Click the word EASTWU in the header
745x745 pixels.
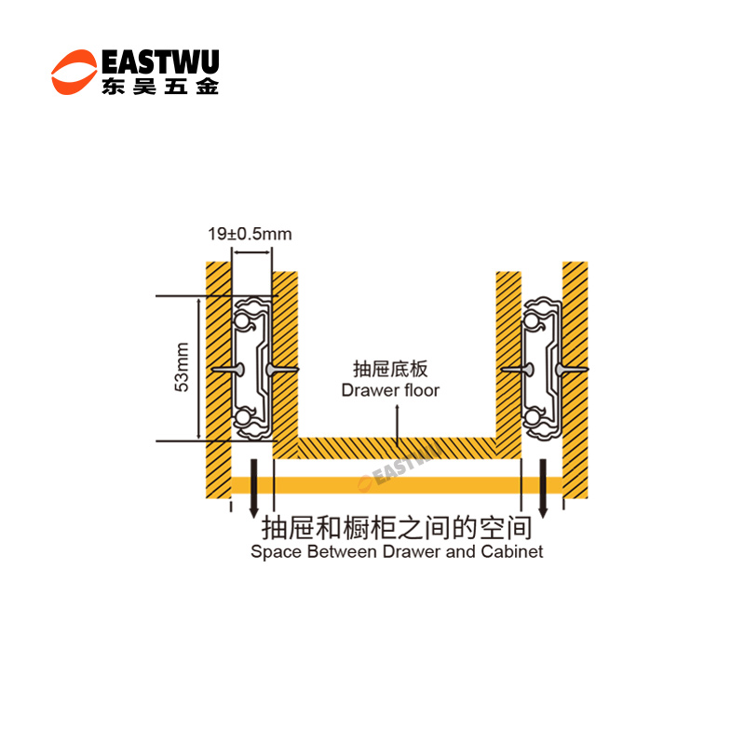[158, 62]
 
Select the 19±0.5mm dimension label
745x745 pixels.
[249, 234]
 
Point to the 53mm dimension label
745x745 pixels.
[183, 368]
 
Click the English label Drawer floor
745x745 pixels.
[390, 390]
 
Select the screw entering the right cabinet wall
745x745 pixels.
[573, 371]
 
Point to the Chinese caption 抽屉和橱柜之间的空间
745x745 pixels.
[398, 528]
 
